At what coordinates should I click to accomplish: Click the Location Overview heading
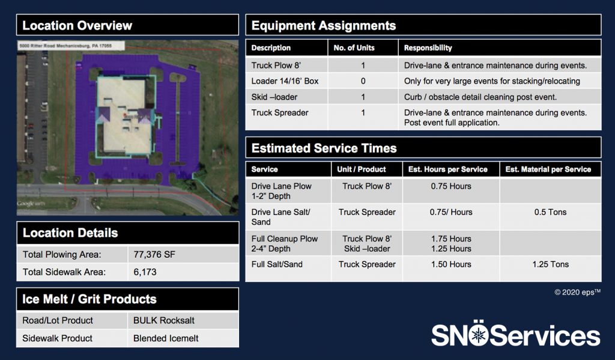pos(77,26)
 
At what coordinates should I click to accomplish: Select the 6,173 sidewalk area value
pos(145,272)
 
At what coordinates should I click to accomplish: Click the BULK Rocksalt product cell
pos(164,320)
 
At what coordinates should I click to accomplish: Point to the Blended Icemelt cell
pos(166,338)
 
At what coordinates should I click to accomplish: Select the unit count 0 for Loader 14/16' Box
pos(363,81)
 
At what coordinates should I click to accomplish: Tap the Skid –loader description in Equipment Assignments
pos(274,97)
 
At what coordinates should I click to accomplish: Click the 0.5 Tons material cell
pos(550,212)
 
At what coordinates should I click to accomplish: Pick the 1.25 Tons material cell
pos(550,264)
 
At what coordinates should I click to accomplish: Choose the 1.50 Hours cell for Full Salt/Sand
pos(451,264)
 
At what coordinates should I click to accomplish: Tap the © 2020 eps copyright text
pos(577,292)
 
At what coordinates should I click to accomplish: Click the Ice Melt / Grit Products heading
pos(89,299)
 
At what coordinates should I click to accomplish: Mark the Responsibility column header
pos(428,47)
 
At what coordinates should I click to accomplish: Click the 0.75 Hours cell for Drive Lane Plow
pos(451,186)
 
